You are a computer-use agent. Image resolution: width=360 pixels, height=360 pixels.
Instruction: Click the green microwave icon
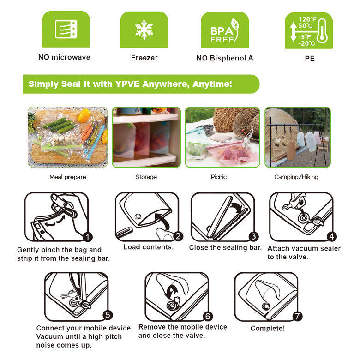(x=66, y=30)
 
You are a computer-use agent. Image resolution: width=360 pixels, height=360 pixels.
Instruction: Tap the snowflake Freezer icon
(x=144, y=30)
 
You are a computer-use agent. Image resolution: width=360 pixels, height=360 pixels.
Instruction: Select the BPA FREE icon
(x=224, y=30)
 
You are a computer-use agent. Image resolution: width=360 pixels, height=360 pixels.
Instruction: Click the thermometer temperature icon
(x=308, y=30)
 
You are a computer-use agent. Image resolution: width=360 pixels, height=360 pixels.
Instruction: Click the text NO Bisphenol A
(x=225, y=58)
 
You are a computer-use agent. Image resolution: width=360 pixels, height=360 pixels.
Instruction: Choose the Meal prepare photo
(x=68, y=137)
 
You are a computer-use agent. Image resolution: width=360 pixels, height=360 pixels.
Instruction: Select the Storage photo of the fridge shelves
(x=146, y=137)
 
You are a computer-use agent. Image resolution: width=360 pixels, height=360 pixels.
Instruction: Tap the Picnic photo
(x=222, y=137)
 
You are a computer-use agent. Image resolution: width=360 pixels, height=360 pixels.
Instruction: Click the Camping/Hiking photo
(x=297, y=137)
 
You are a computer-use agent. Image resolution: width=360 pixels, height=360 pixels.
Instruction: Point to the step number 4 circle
(x=331, y=237)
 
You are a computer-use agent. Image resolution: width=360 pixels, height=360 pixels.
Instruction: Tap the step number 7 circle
(x=298, y=316)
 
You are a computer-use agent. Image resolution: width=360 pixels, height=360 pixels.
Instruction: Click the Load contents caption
(x=148, y=247)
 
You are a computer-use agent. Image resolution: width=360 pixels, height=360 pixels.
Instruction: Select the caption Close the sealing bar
(x=225, y=248)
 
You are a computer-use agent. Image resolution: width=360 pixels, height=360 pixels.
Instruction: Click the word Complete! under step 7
(x=268, y=329)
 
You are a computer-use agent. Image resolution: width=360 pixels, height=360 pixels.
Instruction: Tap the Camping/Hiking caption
(x=296, y=177)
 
